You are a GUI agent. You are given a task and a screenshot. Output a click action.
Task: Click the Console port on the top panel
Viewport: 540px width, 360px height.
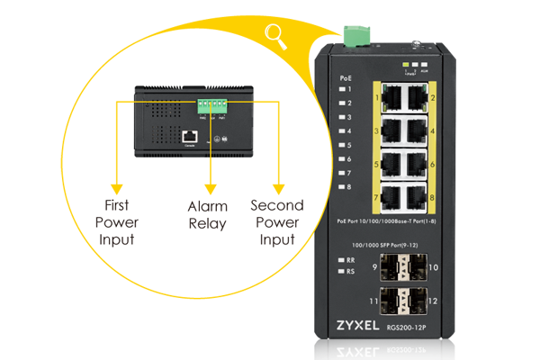tap(190, 137)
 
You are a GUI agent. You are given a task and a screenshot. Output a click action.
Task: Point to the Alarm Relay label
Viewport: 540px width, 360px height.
tap(207, 214)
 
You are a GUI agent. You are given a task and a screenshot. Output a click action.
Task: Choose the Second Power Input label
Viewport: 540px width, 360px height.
tap(277, 221)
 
